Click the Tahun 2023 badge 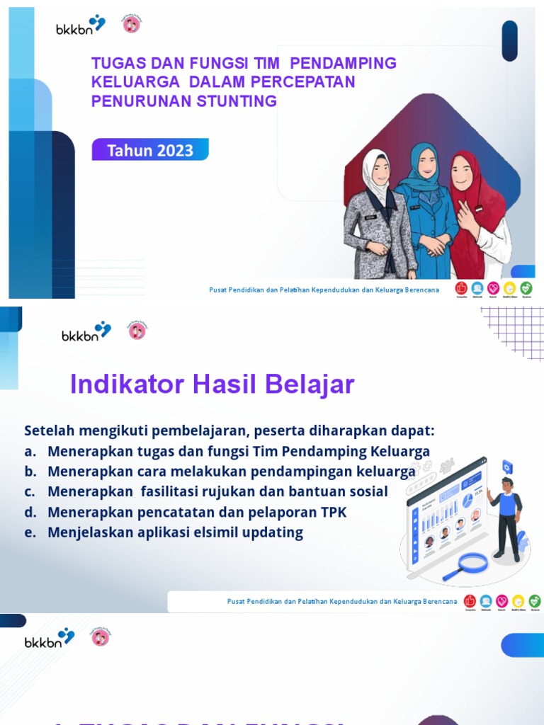150,150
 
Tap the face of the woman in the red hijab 461,171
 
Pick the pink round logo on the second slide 137,330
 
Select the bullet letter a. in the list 30,452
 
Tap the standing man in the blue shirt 506,517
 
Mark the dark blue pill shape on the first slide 510,40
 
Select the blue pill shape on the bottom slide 522,645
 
